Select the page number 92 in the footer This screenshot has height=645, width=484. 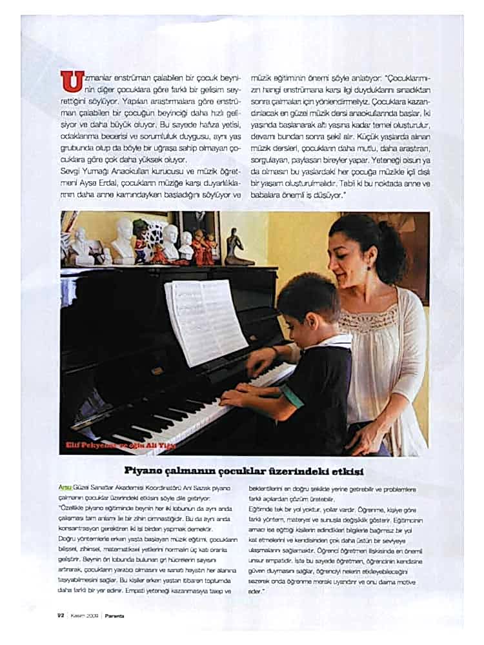[59, 615]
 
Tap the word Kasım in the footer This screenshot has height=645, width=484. [79, 615]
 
